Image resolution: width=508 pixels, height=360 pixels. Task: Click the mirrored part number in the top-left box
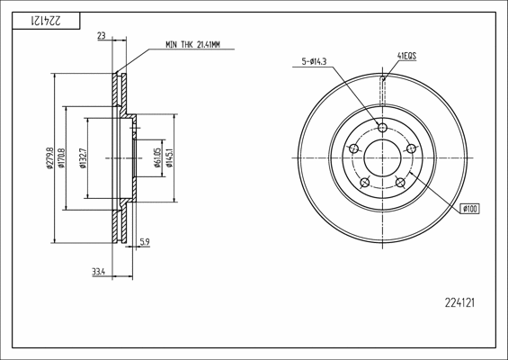coord(46,21)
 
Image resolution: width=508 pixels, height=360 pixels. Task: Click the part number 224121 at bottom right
coord(459,303)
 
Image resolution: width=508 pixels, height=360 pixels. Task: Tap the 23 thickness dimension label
coord(102,36)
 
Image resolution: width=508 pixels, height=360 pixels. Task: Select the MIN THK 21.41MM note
coord(192,45)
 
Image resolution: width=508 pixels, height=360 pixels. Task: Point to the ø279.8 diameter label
coord(49,158)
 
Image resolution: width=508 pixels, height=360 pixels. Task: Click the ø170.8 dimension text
coord(61,158)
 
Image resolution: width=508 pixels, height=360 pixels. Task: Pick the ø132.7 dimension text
coord(83,158)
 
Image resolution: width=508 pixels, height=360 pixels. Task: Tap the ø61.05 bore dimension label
coord(157,157)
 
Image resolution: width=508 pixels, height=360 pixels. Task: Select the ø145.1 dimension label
coord(169,157)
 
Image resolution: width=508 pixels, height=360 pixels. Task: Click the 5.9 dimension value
coord(144,241)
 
